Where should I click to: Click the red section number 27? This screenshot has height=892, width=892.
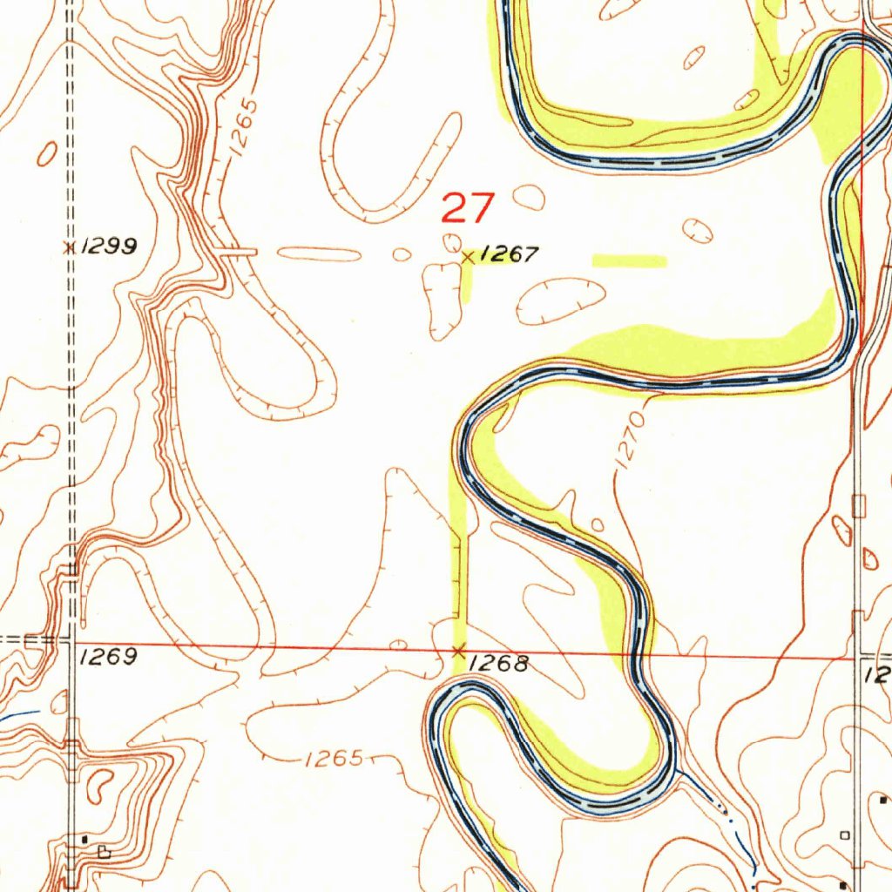click(x=468, y=209)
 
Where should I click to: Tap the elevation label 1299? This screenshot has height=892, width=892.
click(x=109, y=247)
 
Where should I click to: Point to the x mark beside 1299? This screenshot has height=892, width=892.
click(x=69, y=247)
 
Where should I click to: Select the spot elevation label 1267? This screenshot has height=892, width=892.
click(x=510, y=254)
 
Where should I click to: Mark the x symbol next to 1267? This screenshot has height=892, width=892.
click(x=469, y=257)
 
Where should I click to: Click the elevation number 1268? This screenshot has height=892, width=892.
click(x=499, y=665)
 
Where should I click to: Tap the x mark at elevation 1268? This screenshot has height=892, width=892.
click(x=459, y=650)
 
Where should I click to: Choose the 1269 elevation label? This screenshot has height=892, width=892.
click(x=107, y=657)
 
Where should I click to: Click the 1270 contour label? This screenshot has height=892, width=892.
click(x=631, y=442)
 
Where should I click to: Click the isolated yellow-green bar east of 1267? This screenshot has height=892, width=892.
click(x=629, y=260)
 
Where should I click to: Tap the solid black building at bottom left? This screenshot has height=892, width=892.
click(x=84, y=838)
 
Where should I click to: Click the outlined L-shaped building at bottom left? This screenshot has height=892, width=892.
click(x=105, y=852)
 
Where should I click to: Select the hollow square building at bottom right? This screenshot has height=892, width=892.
click(x=844, y=835)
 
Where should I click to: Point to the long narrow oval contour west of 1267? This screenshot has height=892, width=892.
click(x=319, y=254)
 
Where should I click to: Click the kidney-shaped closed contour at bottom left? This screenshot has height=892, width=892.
click(x=101, y=783)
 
